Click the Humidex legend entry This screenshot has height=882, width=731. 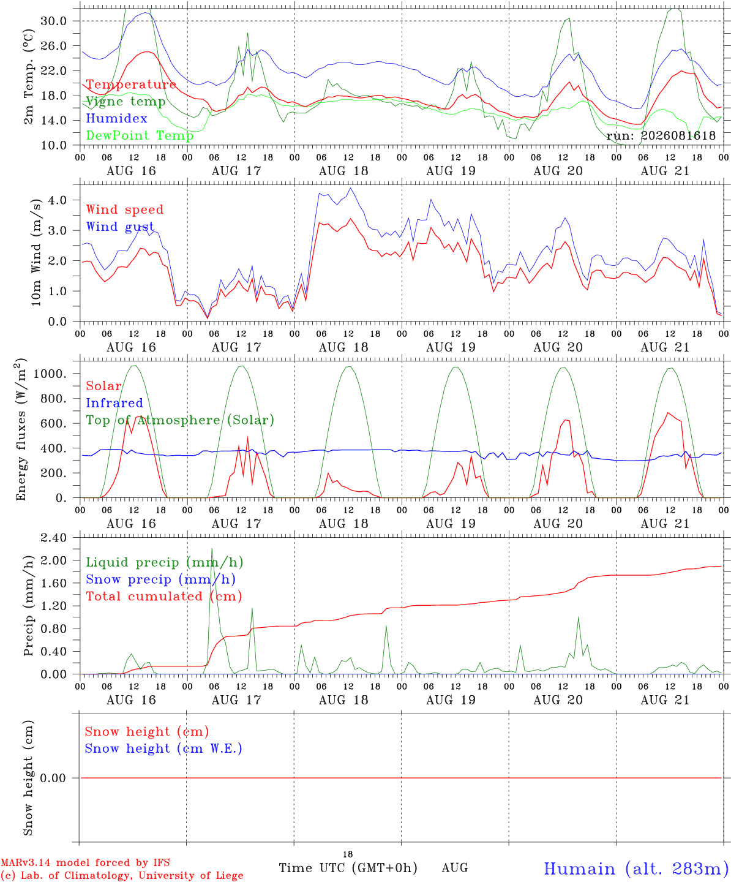116,118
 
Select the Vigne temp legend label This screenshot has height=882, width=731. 126,102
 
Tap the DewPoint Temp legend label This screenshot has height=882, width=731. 140,135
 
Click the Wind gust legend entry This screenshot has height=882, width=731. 120,227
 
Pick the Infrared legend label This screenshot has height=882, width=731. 114,403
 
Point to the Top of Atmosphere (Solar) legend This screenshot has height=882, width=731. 180,420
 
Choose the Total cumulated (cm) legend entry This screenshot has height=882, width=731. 164,596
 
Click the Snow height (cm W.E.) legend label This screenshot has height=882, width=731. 163,748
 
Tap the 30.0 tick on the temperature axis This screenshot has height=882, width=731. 54,21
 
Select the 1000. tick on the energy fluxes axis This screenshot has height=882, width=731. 50,374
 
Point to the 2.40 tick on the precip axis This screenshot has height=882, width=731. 54,538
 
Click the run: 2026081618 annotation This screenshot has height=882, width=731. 661,135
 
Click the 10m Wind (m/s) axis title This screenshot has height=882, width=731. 36,252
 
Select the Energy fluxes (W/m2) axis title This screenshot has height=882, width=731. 21,429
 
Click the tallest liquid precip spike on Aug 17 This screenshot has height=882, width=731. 212,549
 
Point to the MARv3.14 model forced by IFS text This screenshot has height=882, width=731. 85,862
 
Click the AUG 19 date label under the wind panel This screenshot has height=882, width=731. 451,347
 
